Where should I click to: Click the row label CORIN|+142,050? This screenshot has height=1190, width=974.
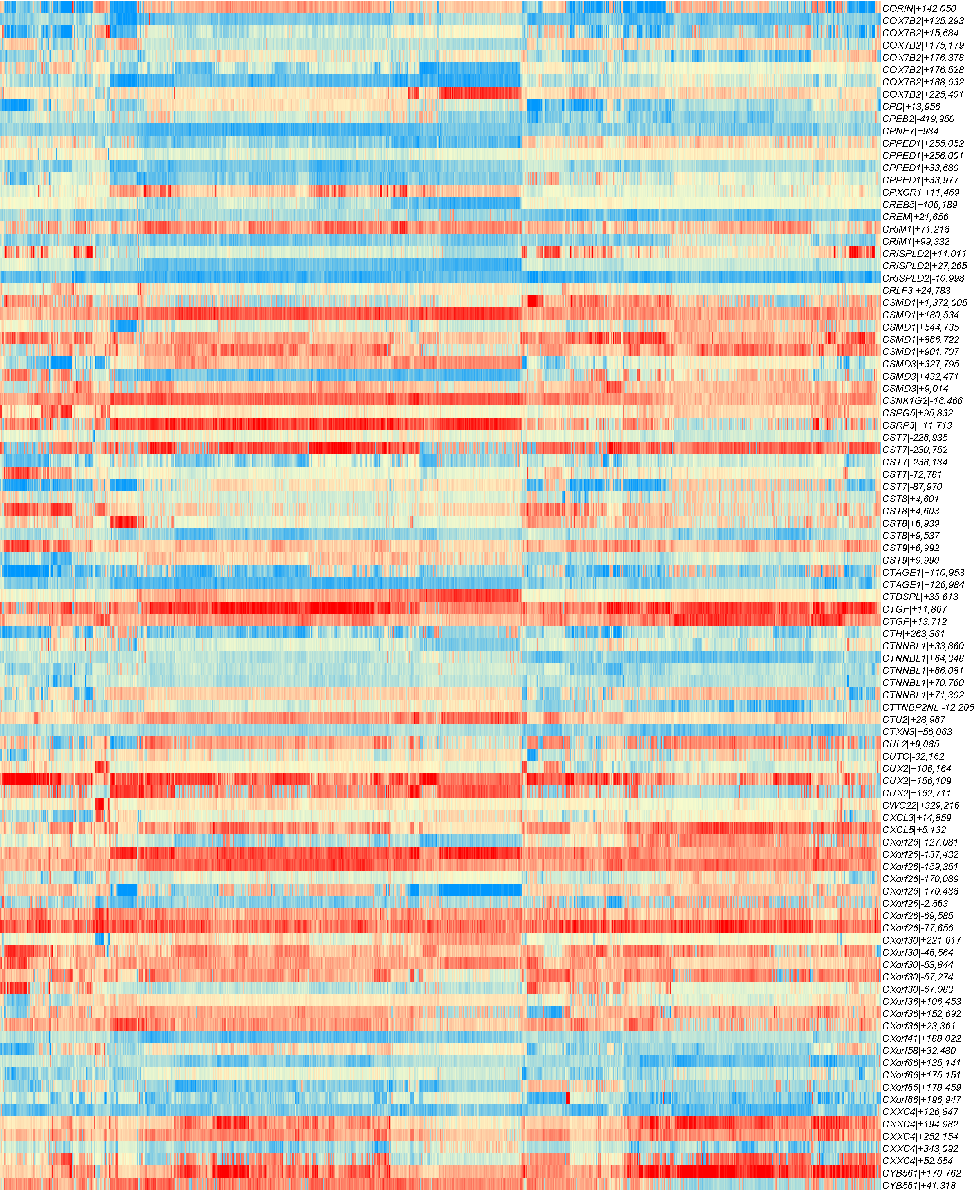(919, 9)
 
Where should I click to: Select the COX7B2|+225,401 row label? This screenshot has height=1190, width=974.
(923, 94)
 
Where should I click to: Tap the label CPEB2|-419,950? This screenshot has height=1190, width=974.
(918, 119)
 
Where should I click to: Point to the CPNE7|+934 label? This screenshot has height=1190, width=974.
(910, 131)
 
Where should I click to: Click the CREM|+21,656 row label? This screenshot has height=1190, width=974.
(915, 217)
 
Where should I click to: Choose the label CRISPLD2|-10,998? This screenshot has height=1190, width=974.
(923, 278)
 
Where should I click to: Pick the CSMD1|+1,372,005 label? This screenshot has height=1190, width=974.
(925, 303)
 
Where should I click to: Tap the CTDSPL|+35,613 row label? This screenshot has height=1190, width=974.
(920, 597)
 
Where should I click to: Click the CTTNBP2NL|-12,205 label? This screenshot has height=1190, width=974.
(928, 707)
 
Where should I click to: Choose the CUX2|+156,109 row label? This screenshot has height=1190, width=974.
(917, 781)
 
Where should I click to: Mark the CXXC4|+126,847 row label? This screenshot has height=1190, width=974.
(920, 1112)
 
